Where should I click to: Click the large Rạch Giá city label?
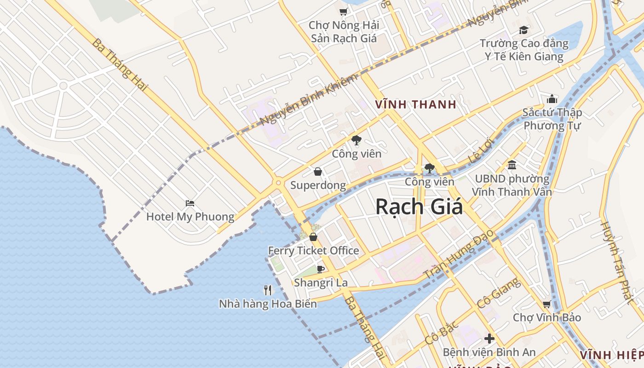tap(419, 207)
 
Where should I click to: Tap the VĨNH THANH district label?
tap(415, 104)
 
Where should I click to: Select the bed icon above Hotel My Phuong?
tap(190, 203)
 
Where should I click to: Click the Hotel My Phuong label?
tap(190, 217)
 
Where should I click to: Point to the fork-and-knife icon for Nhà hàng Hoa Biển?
tap(268, 290)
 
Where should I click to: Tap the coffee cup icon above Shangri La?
tap(321, 269)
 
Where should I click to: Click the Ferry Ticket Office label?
tap(313, 251)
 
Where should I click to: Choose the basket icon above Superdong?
tap(317, 172)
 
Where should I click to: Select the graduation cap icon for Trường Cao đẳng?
tap(523, 30)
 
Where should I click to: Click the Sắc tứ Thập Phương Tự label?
tap(552, 119)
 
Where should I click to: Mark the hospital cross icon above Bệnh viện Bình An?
tap(489, 339)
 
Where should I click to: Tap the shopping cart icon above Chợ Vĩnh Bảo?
tap(546, 304)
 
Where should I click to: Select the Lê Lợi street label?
tap(480, 150)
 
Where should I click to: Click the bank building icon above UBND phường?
tap(512, 165)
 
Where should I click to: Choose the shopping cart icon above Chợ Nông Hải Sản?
tap(343, 11)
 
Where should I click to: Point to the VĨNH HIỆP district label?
tap(611, 355)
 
